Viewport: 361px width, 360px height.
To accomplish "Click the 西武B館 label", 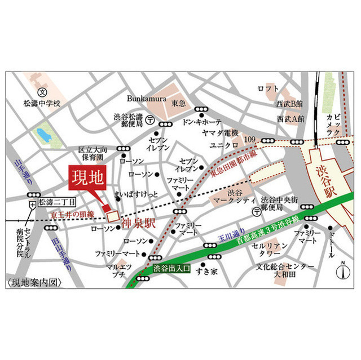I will point(289,104).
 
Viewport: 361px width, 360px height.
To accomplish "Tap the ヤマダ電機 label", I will point(221,133).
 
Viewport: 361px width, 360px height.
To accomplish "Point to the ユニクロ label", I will point(221,145).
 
